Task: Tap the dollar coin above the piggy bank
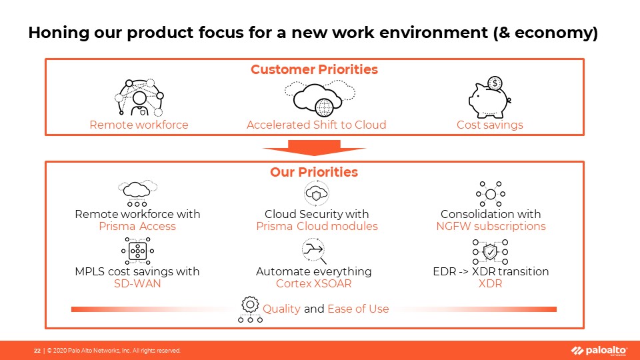(x=494, y=83)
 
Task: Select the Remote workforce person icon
(x=139, y=99)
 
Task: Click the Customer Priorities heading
(x=314, y=69)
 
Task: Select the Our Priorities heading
(x=314, y=172)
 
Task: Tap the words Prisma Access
(x=137, y=227)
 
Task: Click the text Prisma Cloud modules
(x=317, y=227)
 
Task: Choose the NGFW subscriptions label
(x=490, y=227)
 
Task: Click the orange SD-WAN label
(x=137, y=284)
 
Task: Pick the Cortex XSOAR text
(x=313, y=284)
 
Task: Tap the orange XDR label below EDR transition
(x=490, y=284)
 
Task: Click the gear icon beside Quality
(x=250, y=305)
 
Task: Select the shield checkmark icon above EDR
(x=490, y=253)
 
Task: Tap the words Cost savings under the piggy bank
(x=490, y=125)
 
